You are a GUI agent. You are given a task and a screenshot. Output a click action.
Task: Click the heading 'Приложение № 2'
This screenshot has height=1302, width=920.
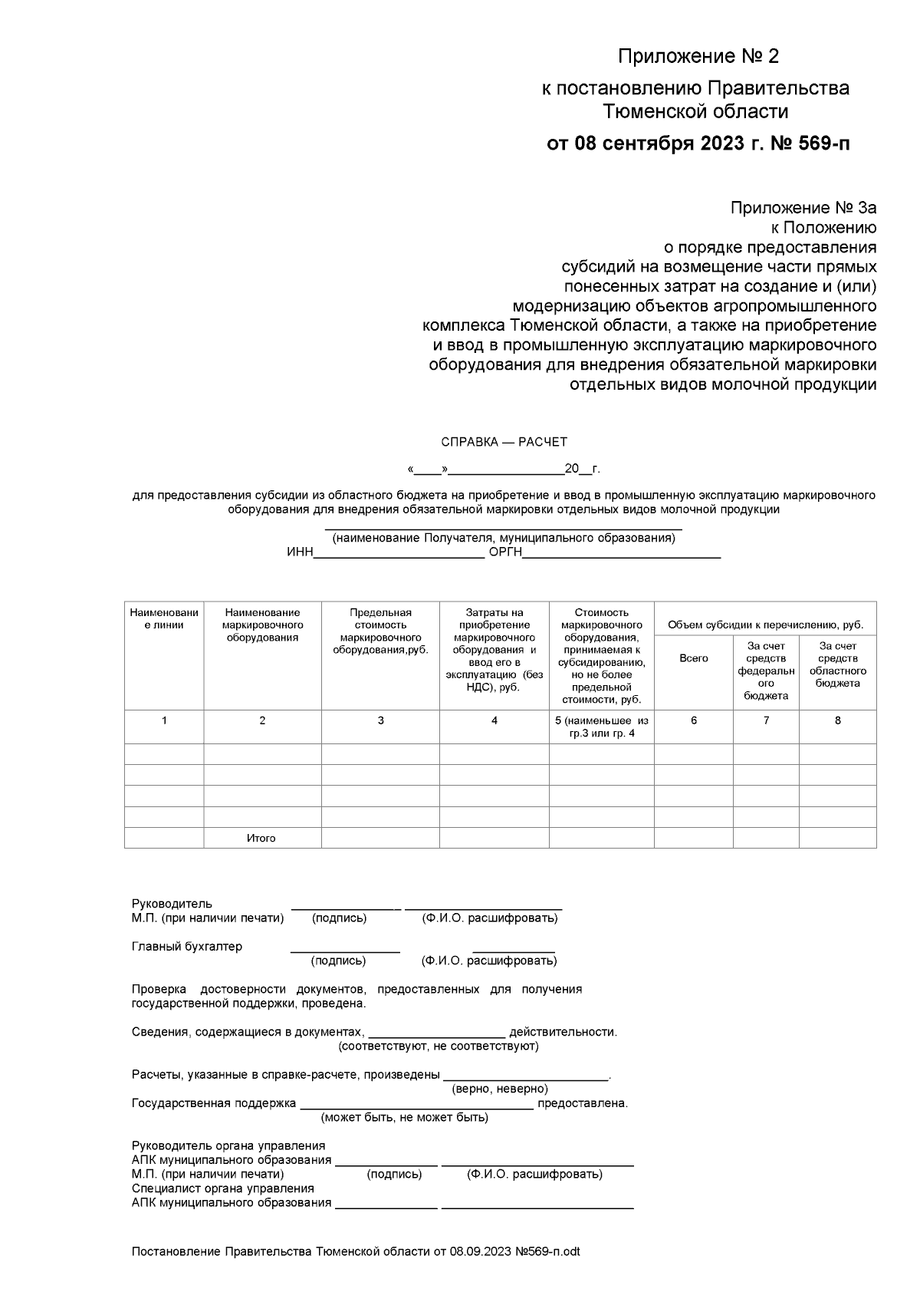click(x=698, y=57)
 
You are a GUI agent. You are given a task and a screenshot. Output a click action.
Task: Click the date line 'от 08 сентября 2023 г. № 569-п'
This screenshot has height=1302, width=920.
click(x=698, y=143)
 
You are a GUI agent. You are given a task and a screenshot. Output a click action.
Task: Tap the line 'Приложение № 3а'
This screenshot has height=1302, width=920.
click(x=803, y=208)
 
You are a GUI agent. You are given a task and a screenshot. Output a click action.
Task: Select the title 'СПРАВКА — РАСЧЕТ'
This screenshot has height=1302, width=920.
click(x=504, y=442)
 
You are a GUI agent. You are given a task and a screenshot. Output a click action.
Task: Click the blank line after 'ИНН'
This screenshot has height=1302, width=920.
click(x=399, y=554)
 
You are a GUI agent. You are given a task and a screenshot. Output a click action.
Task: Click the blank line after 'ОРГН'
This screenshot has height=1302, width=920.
click(x=621, y=554)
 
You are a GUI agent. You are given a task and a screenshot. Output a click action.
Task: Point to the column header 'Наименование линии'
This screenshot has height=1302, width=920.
click(x=164, y=618)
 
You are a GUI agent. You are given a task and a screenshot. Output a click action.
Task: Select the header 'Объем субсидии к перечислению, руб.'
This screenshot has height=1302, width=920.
click(x=765, y=625)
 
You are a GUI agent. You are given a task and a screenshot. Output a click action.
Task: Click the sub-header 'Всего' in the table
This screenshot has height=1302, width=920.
click(x=694, y=658)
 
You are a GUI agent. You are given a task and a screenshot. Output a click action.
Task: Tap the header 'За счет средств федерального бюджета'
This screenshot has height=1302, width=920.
click(x=766, y=671)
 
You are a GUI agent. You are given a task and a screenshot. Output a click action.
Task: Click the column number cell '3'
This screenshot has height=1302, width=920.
click(x=380, y=720)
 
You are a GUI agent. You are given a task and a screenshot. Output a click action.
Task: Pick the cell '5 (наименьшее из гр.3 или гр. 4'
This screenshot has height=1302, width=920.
click(x=601, y=727)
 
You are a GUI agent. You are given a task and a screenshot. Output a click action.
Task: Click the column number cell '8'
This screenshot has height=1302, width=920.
click(x=837, y=720)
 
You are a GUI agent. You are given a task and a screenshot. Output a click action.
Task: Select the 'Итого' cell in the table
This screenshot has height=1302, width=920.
click(x=261, y=838)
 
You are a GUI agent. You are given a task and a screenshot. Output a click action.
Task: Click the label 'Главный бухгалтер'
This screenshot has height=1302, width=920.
click(x=187, y=946)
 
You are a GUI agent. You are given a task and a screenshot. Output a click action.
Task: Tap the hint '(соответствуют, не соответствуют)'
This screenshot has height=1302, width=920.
click(x=439, y=1046)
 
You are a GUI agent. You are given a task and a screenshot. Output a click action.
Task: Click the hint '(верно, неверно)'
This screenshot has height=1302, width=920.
click(x=500, y=1089)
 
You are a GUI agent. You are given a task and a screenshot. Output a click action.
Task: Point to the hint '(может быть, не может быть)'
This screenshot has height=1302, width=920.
click(x=404, y=1117)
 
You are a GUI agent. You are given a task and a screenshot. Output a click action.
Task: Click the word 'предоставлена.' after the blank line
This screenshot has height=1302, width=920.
click(x=583, y=1103)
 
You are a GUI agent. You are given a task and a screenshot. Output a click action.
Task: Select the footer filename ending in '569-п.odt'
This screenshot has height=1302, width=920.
click(x=356, y=1251)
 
